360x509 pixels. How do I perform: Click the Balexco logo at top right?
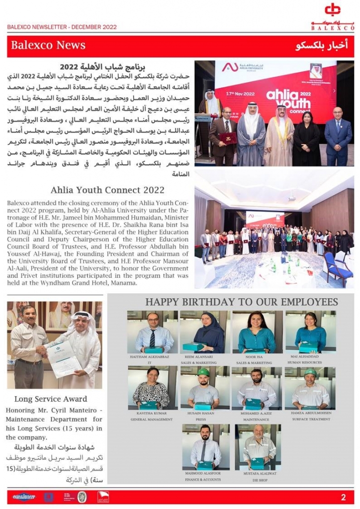click(340, 16)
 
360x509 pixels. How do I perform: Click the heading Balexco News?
click(48, 46)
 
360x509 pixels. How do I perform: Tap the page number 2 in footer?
click(343, 497)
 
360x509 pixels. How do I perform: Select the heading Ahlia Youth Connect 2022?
click(107, 190)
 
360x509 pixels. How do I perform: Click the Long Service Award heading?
click(51, 399)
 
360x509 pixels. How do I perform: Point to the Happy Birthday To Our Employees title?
click(241, 302)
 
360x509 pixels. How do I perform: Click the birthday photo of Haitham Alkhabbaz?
click(152, 332)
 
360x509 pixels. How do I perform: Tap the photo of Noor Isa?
click(257, 332)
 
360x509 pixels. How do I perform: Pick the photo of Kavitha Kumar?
click(151, 388)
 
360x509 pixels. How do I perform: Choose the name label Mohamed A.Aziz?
click(257, 413)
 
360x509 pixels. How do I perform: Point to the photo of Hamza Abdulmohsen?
click(310, 388)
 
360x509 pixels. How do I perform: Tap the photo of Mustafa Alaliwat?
click(258, 446)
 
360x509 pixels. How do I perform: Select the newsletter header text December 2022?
click(94, 27)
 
